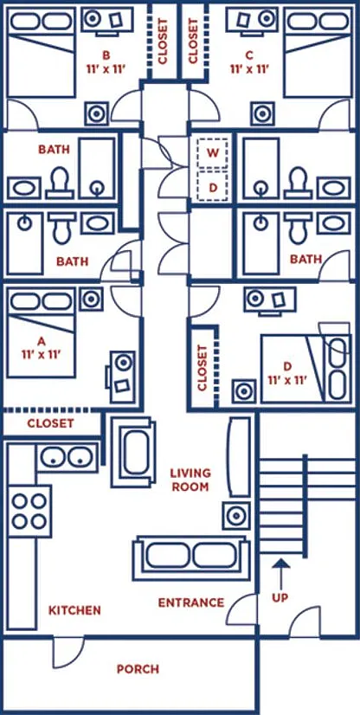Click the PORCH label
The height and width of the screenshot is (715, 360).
tap(138, 669)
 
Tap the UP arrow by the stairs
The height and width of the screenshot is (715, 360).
tap(280, 574)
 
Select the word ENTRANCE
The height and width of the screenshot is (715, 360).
tap(191, 602)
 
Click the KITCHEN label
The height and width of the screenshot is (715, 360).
tap(74, 610)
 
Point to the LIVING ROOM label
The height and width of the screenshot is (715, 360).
tap(190, 480)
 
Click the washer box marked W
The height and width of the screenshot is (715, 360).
tap(212, 152)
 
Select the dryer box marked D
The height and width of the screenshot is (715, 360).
tap(212, 185)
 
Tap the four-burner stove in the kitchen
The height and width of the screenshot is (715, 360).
tap(29, 512)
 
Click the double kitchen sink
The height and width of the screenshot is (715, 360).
tap(67, 457)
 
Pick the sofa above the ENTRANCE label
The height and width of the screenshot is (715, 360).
tap(191, 558)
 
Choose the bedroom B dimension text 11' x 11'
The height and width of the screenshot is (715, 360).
tap(106, 69)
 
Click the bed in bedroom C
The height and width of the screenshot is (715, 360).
tap(318, 52)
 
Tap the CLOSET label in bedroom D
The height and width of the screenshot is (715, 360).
tap(202, 368)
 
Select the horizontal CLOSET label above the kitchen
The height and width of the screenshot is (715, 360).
tap(50, 423)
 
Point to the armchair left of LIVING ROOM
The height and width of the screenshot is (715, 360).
tap(132, 453)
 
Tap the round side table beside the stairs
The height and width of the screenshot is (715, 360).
tap(236, 516)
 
